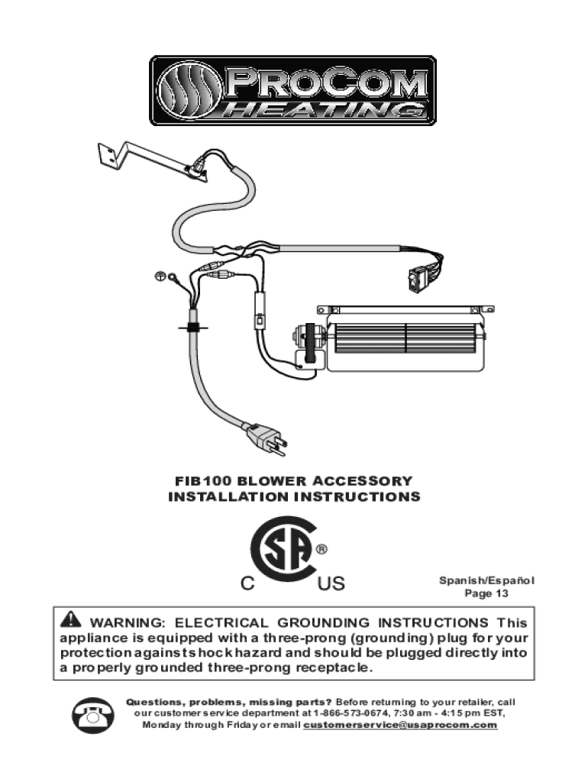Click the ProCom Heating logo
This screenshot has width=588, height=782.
coord(293,90)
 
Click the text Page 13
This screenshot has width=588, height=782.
coord(486,593)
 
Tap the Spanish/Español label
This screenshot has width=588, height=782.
coord(486,580)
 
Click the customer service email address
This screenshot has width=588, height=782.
coord(400,724)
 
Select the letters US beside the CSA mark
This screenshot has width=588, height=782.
coord(331,585)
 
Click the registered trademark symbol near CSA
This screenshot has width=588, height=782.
coord(322,549)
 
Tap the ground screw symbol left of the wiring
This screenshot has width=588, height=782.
coord(160,275)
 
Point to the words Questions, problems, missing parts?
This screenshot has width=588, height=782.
coord(229,701)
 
